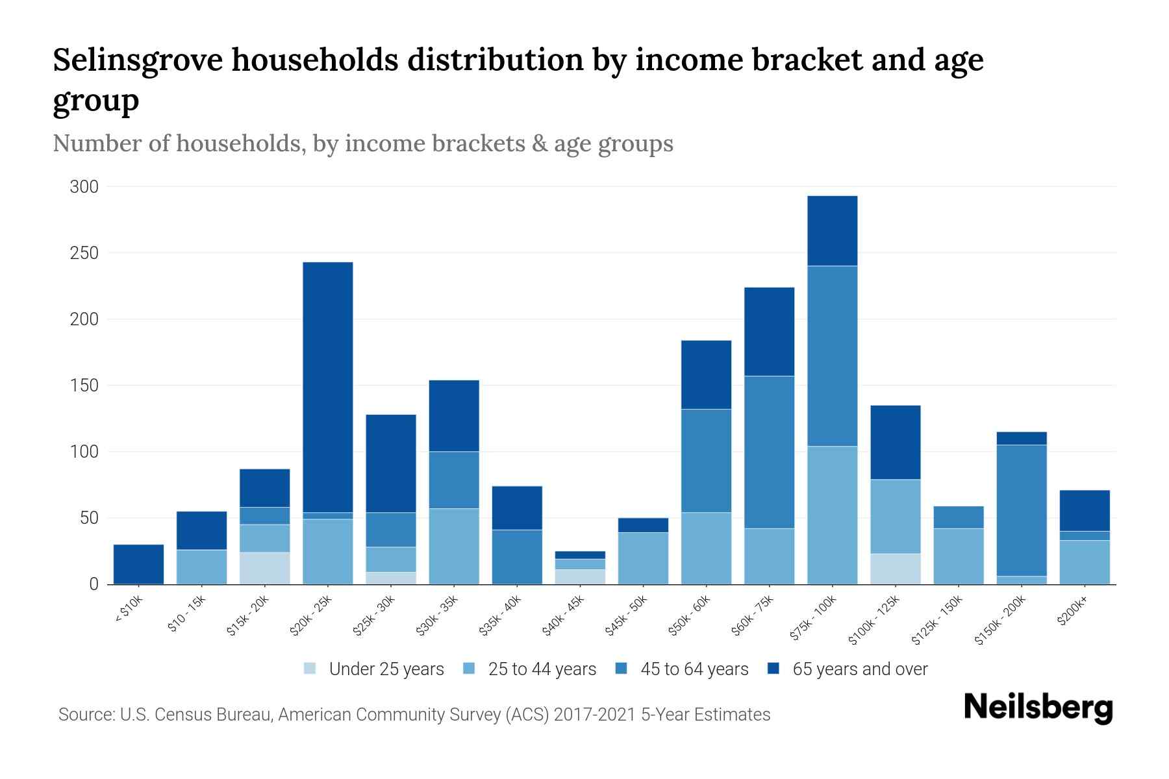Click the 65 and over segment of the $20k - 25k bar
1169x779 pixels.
point(328,387)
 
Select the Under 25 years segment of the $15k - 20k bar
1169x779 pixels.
point(265,568)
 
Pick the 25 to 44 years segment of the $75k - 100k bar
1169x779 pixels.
point(832,515)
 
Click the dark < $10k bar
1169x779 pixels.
point(138,563)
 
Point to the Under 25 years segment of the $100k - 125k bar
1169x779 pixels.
point(896,569)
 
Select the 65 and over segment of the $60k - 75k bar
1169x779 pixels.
point(769,331)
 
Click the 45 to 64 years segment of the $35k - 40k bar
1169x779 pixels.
point(517,556)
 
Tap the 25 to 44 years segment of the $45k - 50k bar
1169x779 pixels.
point(643,558)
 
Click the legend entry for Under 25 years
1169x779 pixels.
point(386,669)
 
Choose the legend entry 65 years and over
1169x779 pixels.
point(860,669)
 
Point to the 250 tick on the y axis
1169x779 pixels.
point(84,253)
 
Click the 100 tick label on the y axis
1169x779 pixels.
point(84,452)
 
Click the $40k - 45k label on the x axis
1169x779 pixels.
point(564,616)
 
